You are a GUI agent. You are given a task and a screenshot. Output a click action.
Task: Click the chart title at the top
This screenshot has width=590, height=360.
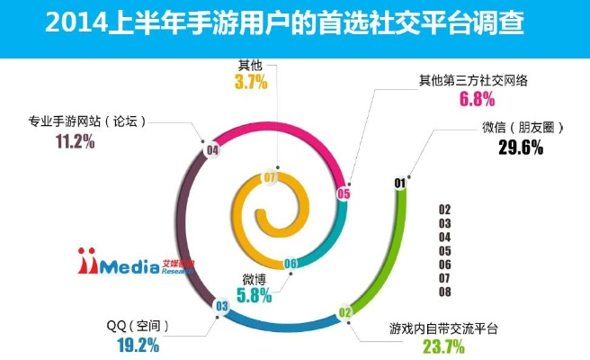pos(294,22)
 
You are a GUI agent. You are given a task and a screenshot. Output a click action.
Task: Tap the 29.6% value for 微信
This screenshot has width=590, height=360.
pos(520,148)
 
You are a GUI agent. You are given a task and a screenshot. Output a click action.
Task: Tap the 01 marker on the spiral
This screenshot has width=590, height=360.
pos(399,184)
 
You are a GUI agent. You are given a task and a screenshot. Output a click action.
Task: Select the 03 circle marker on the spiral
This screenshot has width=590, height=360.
pos(220,307)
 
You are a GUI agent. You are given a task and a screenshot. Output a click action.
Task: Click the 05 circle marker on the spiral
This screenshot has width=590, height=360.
pos(343,193)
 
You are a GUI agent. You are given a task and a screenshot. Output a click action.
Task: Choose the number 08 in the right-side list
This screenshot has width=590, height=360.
pos(444,292)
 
